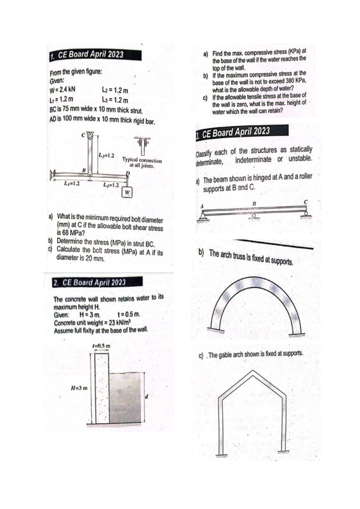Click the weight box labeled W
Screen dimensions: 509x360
pos(127,192)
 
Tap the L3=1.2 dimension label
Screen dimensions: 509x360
pos(106,155)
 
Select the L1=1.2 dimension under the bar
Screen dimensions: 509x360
pos(72,183)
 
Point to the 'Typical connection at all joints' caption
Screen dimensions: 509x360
pos(142,163)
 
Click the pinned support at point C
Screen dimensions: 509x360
pos(90,136)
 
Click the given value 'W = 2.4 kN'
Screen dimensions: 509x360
pos(62,90)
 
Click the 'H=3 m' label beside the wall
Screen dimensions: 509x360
pos(79,387)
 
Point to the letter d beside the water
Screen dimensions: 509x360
pos(147,397)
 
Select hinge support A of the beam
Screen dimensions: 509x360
pos(204,215)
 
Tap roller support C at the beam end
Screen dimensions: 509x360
pos(306,214)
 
